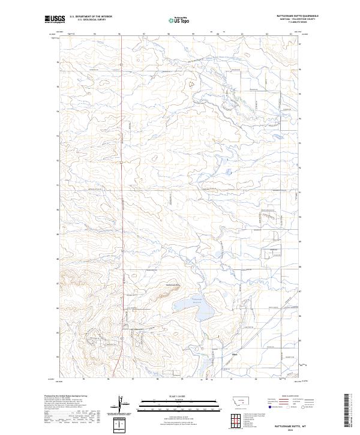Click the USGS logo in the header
(x=55, y=19)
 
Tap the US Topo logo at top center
(x=181, y=20)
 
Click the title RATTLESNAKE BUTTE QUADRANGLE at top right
(x=298, y=16)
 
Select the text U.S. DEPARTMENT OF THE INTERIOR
(x=91, y=17)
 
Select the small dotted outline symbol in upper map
(x=193, y=85)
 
